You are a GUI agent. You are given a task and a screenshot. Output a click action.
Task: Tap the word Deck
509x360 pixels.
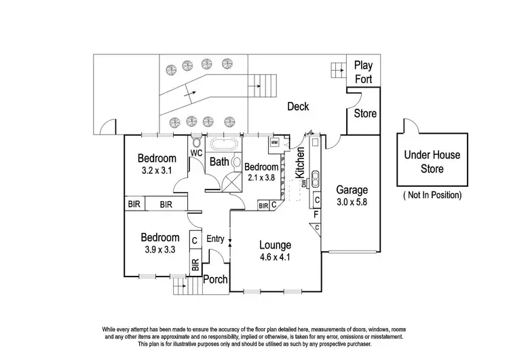[298, 107]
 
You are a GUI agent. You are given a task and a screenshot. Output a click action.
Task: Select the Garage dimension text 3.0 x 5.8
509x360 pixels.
[352, 202]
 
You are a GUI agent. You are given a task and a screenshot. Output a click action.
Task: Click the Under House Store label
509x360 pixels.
[432, 162]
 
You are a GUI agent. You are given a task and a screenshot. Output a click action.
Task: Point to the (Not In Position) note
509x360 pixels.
[432, 195]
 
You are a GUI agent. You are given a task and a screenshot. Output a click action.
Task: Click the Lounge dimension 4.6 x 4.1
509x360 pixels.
[275, 257]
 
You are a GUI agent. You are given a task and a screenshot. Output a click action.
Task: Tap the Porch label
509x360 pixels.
[216, 279]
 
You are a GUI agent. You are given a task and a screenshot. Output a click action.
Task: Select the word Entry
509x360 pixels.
[215, 239]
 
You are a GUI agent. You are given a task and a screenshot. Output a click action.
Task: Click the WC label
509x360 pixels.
[197, 154]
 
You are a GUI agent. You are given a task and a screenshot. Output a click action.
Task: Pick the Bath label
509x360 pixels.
[219, 162]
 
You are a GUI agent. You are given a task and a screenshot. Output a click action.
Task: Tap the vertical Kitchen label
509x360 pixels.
[299, 163]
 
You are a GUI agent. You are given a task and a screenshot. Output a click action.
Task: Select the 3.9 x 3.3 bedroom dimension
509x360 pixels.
[160, 249]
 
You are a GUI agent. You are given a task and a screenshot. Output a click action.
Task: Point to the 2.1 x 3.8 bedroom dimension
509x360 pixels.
[261, 178]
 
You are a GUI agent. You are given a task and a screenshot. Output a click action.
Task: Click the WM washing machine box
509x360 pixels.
[274, 143]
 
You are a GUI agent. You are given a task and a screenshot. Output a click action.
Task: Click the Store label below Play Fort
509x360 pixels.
[365, 113]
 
